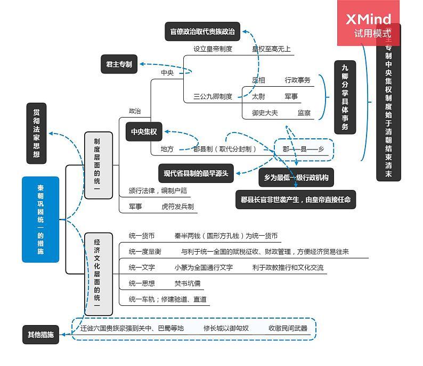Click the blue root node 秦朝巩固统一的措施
[40, 219]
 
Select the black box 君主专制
[119, 64]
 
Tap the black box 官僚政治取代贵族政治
[202, 31]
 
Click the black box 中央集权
[144, 132]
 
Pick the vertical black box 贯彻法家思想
[36, 133]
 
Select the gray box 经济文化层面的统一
[99, 273]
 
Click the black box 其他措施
[40, 335]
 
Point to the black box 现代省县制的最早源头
[196, 173]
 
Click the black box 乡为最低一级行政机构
[296, 178]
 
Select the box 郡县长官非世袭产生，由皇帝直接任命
[295, 200]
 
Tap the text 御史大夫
[265, 113]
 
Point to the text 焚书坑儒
[188, 283]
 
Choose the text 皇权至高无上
[271, 49]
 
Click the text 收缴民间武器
[288, 328]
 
